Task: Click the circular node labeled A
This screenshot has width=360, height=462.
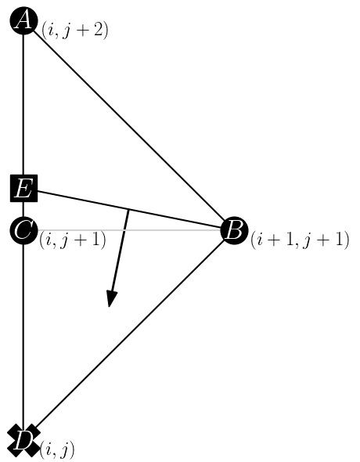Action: tap(23, 21)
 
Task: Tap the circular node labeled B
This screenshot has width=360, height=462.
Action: tap(234, 231)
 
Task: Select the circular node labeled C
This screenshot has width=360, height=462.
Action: tap(23, 231)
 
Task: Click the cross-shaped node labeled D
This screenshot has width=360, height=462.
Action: tap(23, 440)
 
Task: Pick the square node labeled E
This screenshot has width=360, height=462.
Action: tap(23, 189)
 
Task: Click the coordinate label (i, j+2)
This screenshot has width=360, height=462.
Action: tap(74, 31)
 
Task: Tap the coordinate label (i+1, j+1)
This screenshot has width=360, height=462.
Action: tap(299, 240)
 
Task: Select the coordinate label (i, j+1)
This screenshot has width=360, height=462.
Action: tap(73, 240)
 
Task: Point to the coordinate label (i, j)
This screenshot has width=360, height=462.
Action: tap(57, 449)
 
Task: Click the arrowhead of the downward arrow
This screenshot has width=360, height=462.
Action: tap(111, 299)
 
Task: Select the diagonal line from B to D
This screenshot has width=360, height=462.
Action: tap(129, 335)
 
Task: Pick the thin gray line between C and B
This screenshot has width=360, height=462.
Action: tap(164, 231)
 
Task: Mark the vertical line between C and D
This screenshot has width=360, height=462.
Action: tap(23, 337)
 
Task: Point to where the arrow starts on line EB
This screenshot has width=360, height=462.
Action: tap(128, 210)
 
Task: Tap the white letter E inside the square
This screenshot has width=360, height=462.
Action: tap(23, 189)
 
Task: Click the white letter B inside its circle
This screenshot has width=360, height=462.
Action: tap(234, 231)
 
